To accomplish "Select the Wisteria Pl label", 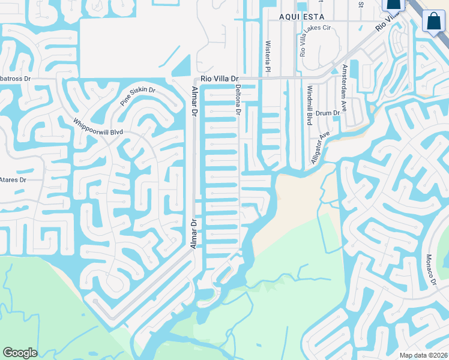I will click(268, 53).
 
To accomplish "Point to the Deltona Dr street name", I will click(238, 100).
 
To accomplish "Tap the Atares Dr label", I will click(13, 179).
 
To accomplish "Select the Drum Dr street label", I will click(328, 113).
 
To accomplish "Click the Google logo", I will click(20, 353).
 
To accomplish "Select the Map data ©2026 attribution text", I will click(424, 355).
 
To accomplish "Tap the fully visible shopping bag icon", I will click(433, 22).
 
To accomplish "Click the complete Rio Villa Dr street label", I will click(220, 79).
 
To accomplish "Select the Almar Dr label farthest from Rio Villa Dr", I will click(194, 234).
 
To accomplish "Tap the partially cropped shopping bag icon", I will click(393, 5).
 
